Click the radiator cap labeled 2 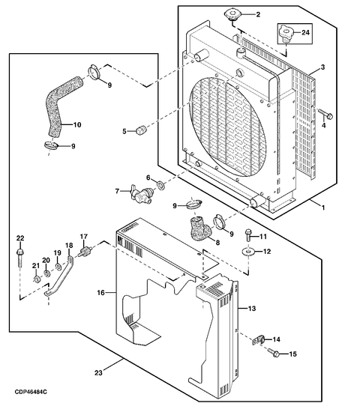click(232, 14)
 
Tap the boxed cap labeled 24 click(286, 33)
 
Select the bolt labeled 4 click(325, 114)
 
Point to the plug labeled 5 click(141, 130)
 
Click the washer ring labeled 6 click(161, 185)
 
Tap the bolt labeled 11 click(248, 234)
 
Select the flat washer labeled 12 click(247, 252)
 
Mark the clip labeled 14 click(259, 340)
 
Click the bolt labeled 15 click(273, 352)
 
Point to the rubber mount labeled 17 click(84, 252)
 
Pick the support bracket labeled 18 click(58, 276)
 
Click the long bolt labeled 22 click(19, 259)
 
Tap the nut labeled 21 click(36, 279)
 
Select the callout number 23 click(98, 372)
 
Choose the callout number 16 click(100, 293)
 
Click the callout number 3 click(322, 67)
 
